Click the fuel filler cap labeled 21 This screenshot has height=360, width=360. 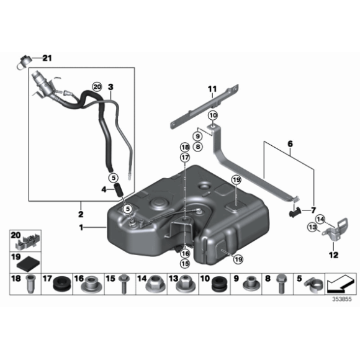point(23,62)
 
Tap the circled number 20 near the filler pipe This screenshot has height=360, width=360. point(97,87)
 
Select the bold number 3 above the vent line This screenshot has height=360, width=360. point(110,88)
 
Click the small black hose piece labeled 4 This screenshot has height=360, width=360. point(120,190)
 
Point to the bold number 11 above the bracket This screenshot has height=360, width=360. point(212,89)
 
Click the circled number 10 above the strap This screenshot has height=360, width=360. point(213,115)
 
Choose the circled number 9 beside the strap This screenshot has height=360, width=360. point(197,137)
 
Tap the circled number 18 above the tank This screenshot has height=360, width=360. point(185,147)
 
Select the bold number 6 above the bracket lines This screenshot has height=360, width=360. point(290,144)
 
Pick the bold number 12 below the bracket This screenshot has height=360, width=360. point(333,255)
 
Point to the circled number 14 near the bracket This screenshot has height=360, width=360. point(320,219)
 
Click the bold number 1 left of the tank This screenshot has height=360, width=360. point(81,228)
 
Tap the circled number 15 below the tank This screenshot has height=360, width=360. point(185,264)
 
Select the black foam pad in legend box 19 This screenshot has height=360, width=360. point(29,265)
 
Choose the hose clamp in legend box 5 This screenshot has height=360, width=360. point(314,286)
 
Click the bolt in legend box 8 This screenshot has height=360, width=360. point(281,284)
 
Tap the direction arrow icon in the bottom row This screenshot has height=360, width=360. point(341,284)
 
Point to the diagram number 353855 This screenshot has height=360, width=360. point(342,299)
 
